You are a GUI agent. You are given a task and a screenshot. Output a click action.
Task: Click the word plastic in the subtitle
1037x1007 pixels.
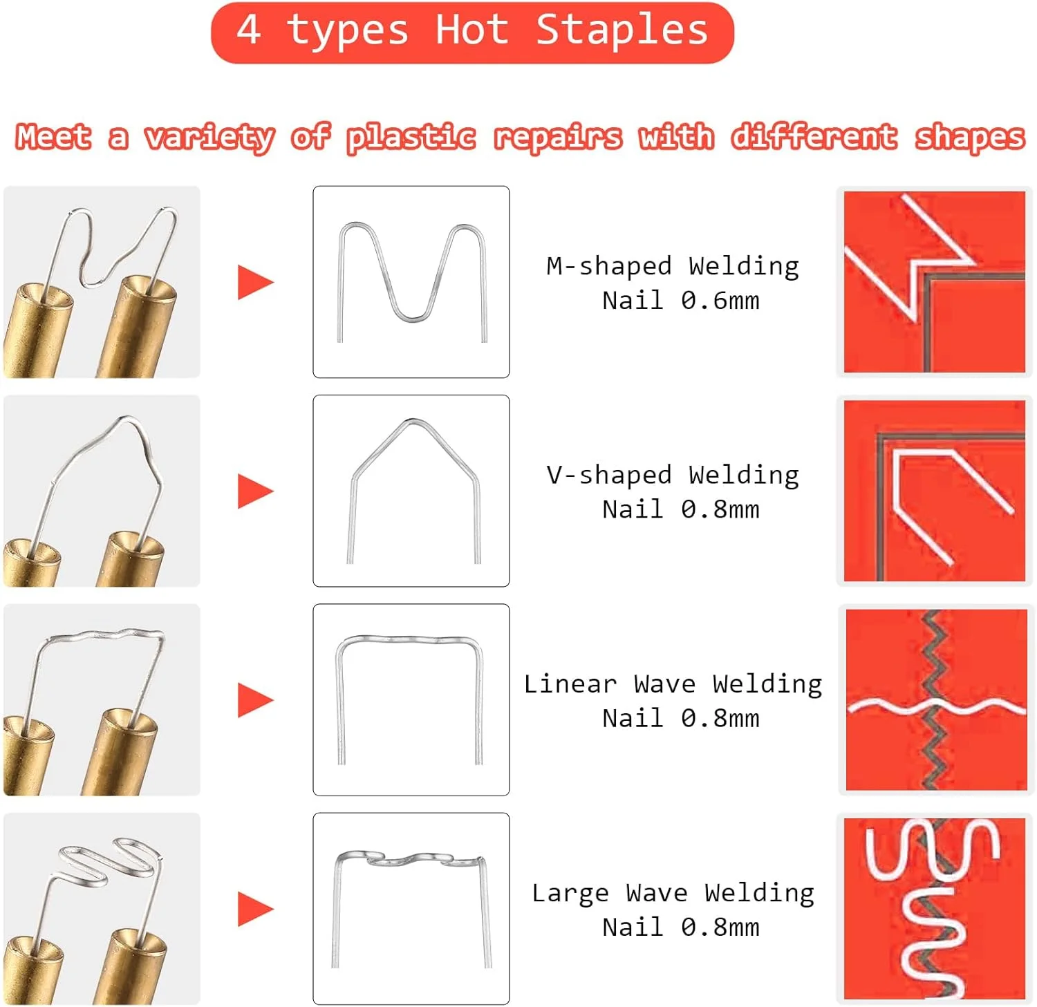click(411, 137)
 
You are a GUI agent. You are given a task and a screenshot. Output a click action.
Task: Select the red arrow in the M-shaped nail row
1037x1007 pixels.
click(256, 282)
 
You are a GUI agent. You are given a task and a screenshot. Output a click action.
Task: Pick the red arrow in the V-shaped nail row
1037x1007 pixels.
click(256, 491)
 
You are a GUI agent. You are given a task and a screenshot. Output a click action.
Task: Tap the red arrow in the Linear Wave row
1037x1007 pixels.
click(256, 700)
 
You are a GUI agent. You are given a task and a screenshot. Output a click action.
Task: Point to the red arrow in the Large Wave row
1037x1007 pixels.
click(256, 909)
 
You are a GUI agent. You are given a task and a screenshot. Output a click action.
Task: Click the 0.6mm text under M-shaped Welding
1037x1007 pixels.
click(720, 301)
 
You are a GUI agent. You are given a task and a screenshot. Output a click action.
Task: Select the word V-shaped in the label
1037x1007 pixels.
click(608, 475)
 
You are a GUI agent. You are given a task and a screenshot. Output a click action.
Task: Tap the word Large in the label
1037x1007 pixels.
click(570, 894)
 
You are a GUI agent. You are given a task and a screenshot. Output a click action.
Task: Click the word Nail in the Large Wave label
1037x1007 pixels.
click(633, 927)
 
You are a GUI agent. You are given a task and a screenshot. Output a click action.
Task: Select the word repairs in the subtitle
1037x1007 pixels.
click(558, 137)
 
